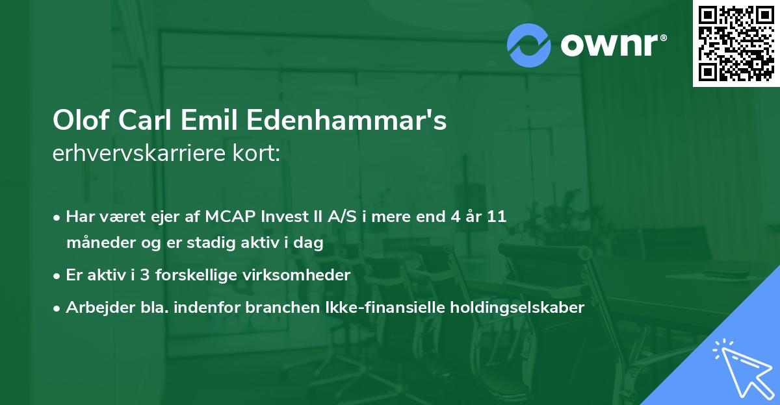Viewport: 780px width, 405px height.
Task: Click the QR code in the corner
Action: click(736, 43)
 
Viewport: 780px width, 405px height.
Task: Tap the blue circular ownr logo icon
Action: click(529, 45)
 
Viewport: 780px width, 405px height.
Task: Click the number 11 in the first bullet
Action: click(497, 217)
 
